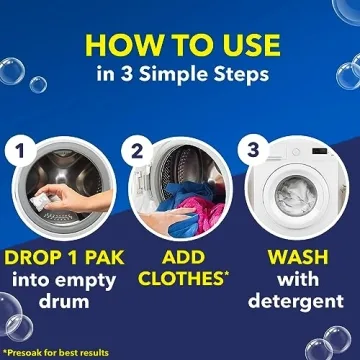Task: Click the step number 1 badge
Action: click(x=20, y=151)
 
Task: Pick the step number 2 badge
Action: click(x=137, y=152)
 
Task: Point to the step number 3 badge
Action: click(x=253, y=150)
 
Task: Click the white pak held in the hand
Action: click(x=41, y=202)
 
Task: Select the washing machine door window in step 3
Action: click(x=296, y=196)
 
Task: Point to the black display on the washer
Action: click(x=319, y=151)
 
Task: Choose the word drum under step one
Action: click(x=64, y=301)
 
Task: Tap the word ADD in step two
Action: click(x=183, y=257)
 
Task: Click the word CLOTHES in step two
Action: click(x=181, y=279)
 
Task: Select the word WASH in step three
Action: click(x=298, y=257)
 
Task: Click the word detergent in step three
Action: click(x=296, y=301)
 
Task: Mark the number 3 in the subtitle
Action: click(x=126, y=75)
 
